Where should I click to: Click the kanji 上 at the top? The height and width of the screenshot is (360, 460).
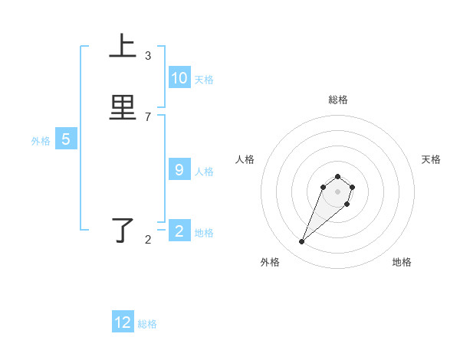(123, 47)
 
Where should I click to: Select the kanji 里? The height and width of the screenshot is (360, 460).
(123, 108)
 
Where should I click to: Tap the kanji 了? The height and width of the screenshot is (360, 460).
(123, 231)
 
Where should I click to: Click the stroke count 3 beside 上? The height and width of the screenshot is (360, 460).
(148, 56)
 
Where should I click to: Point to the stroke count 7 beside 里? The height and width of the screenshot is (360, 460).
(148, 117)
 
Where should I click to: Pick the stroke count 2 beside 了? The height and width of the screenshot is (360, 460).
(148, 240)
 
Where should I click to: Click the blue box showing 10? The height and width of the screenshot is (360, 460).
(179, 78)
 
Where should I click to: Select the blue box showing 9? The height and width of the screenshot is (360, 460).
(179, 170)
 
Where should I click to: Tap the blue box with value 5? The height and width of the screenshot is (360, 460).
(66, 139)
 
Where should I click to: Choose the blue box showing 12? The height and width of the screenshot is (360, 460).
(123, 322)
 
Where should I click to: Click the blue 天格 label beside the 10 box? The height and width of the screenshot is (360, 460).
(204, 80)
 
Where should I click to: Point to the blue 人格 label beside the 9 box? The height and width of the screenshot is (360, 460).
(204, 172)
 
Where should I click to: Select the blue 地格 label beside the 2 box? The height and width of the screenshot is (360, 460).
(204, 233)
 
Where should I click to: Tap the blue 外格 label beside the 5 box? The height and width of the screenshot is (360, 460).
(41, 141)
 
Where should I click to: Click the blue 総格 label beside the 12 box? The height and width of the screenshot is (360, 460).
(147, 324)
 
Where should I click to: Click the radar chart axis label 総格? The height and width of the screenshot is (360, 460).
(337, 100)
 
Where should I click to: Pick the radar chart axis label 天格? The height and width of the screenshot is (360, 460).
(431, 159)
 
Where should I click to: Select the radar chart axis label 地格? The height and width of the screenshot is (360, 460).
(402, 263)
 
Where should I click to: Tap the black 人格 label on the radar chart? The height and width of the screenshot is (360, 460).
(245, 159)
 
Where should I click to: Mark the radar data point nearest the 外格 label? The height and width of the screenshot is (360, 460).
(301, 242)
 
